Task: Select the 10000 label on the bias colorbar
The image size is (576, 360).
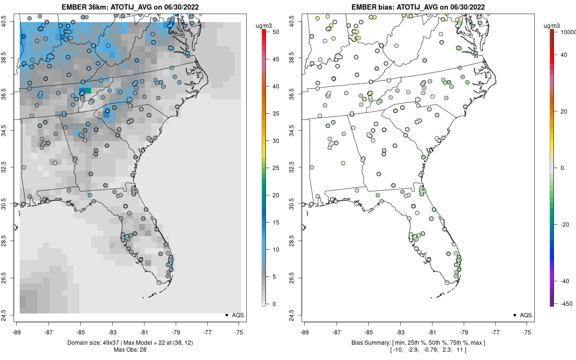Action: (x=568, y=32)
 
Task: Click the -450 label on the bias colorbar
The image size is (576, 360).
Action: (x=566, y=304)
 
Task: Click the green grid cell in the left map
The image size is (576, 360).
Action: (x=88, y=91)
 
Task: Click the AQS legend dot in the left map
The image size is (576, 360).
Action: (x=227, y=315)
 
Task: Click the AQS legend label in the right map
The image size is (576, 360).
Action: (x=526, y=315)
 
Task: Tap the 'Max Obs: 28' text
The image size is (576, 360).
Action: (x=130, y=350)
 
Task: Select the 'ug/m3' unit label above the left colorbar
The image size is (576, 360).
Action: (x=264, y=26)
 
